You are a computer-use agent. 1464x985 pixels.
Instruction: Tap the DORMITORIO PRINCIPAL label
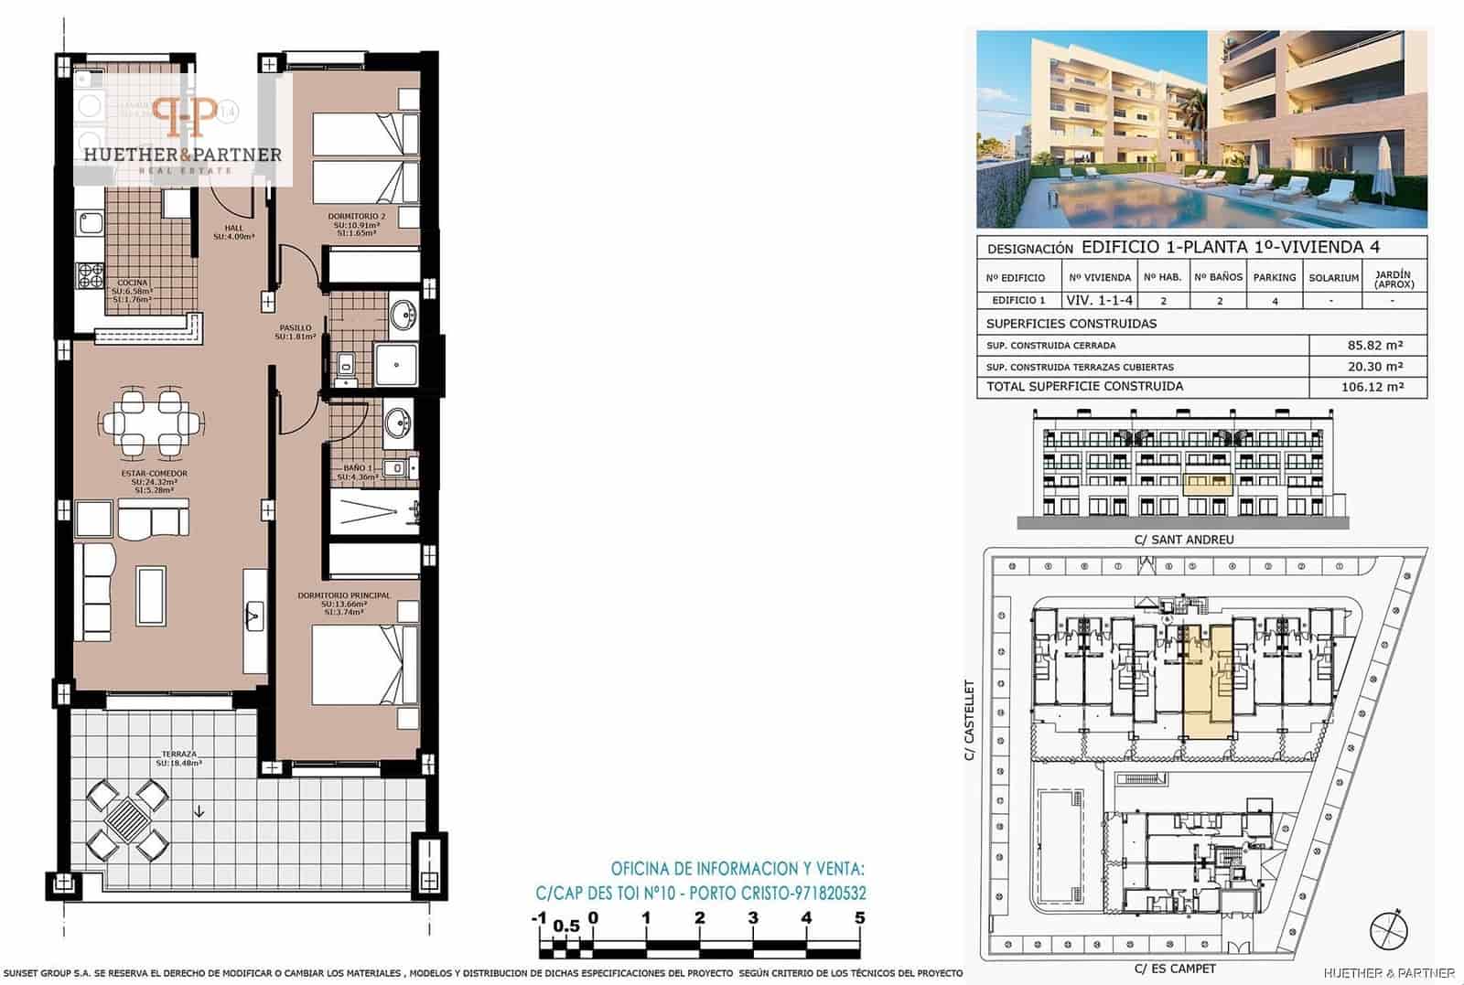click(x=343, y=595)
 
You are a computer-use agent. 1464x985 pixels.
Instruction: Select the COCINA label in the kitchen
click(x=133, y=283)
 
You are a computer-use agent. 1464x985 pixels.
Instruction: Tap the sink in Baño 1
click(x=398, y=423)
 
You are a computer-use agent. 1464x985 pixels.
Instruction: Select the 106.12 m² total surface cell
click(x=1370, y=387)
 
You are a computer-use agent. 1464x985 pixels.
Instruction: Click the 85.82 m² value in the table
click(x=1370, y=346)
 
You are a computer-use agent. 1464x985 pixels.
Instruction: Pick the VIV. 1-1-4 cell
click(x=1100, y=300)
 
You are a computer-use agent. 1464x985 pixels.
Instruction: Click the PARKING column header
click(x=1275, y=277)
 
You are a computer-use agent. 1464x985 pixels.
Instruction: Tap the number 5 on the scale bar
click(x=859, y=918)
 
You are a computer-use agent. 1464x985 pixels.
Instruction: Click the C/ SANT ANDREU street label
click(x=1184, y=540)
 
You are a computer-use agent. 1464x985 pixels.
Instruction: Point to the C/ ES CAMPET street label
click(x=1176, y=969)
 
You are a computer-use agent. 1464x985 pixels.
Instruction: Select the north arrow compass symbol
click(x=1388, y=930)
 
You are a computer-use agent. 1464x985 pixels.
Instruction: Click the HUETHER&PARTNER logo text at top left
click(x=183, y=155)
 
